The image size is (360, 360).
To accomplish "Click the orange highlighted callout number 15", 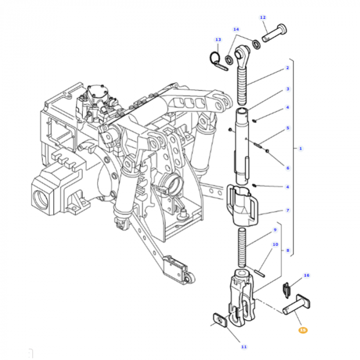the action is click(x=303, y=330).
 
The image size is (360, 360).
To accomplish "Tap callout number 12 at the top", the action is click(x=263, y=17).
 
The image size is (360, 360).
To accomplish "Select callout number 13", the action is click(x=218, y=40).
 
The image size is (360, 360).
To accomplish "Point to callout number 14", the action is click(x=236, y=29).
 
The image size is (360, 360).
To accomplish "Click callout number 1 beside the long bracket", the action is click(x=300, y=149).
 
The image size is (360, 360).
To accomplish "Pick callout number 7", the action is click(x=287, y=210).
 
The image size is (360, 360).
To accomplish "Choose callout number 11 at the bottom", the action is click(x=244, y=347).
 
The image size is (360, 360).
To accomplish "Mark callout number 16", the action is click(x=307, y=275).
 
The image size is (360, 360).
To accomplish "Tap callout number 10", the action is click(x=275, y=244).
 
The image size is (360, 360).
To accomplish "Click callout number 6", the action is click(x=287, y=168).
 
